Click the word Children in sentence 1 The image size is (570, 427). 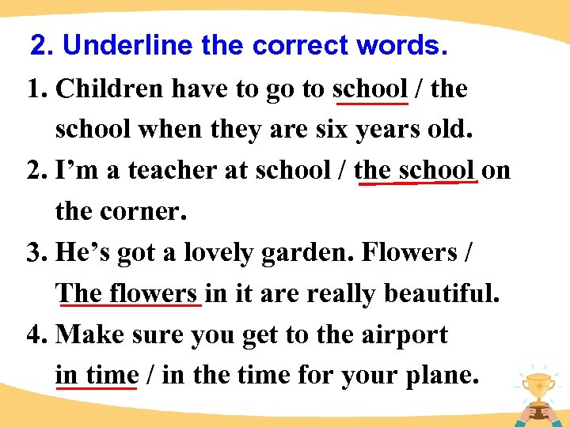click(x=104, y=89)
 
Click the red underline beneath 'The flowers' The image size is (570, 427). click(x=130, y=305)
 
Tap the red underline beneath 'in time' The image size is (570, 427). click(x=97, y=388)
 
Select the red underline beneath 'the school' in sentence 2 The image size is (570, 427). click(x=417, y=183)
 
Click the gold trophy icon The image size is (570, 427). click(x=538, y=387)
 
